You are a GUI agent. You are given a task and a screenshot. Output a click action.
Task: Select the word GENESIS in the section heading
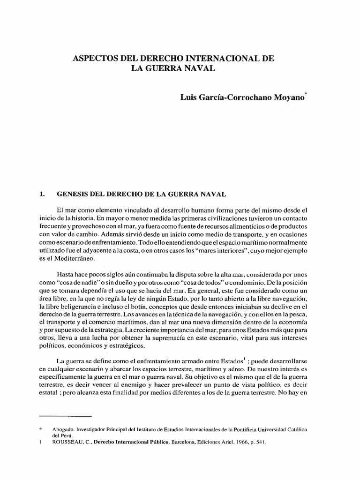75,193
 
